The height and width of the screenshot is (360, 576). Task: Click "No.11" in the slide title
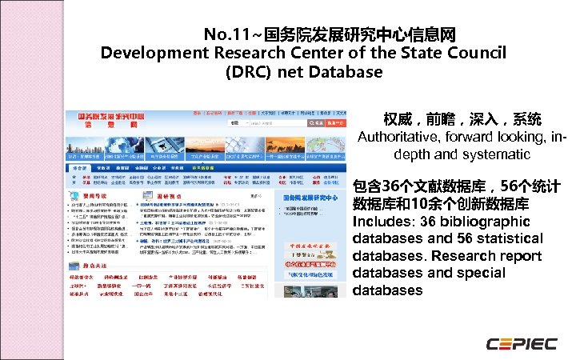tap(222, 35)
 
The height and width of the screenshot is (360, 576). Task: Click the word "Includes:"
tap(380, 222)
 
